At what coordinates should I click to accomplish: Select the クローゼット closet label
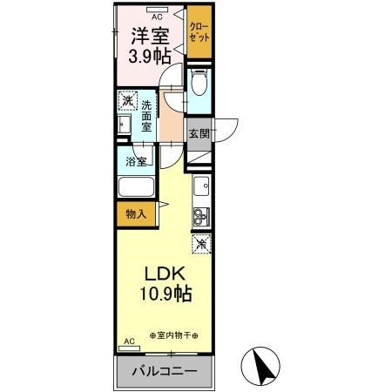(199, 34)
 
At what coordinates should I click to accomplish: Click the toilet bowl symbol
(199, 84)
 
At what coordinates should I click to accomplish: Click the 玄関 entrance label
(199, 134)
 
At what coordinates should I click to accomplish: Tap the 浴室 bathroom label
(135, 161)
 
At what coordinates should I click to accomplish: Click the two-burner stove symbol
(200, 215)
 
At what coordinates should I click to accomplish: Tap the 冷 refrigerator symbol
(201, 245)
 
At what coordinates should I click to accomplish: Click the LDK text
(161, 273)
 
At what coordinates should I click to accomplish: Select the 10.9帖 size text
(161, 294)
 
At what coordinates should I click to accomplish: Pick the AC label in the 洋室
(157, 17)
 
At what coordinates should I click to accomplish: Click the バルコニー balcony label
(165, 372)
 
